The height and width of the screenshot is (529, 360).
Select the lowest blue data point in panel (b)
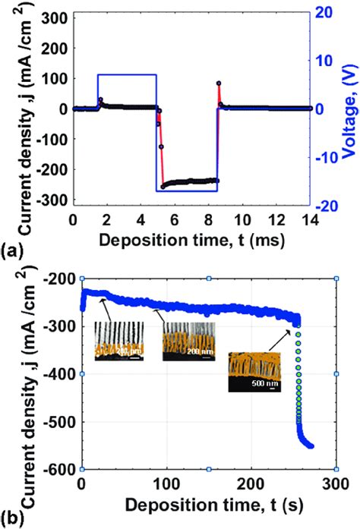[311, 446]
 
